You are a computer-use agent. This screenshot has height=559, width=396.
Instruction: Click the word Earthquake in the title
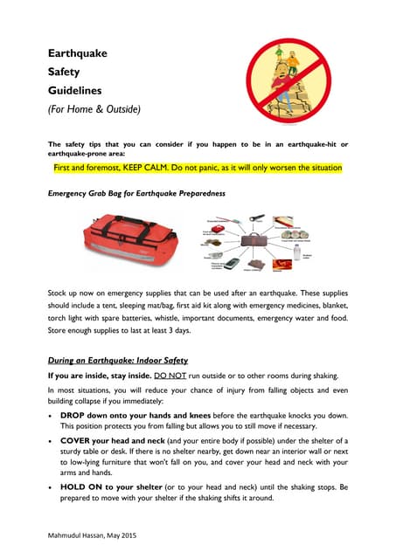tap(77, 54)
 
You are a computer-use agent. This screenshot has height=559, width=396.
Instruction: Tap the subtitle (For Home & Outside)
tap(94, 109)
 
